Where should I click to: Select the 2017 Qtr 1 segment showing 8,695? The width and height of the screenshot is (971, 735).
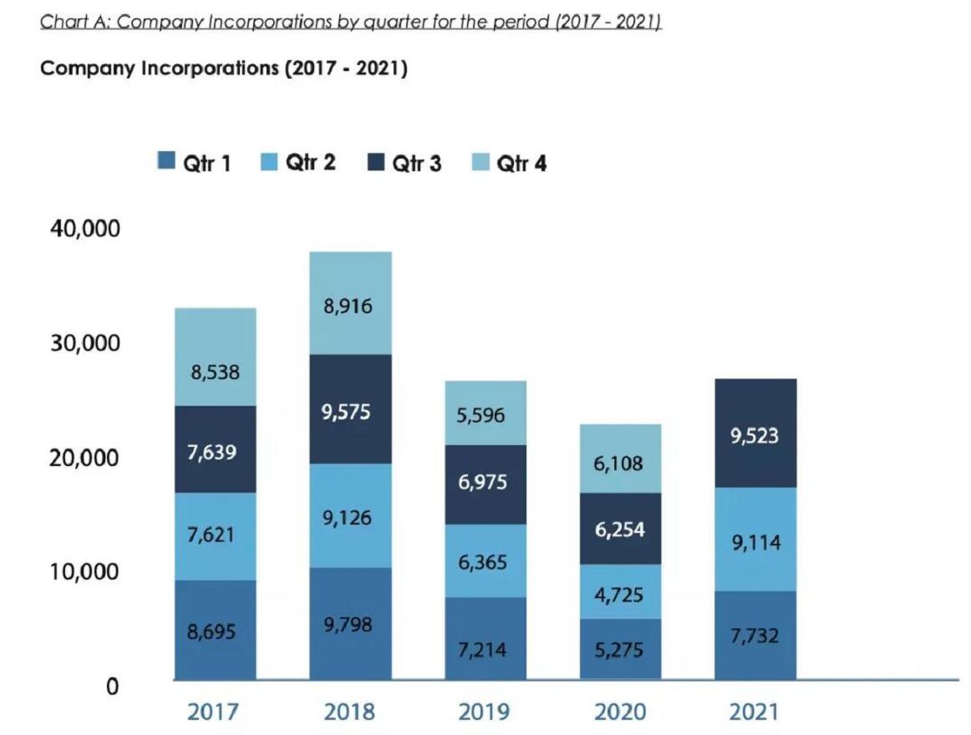(x=215, y=631)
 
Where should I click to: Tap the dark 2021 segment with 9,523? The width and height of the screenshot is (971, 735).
(x=755, y=433)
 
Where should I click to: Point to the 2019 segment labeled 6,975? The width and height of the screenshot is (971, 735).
(x=485, y=484)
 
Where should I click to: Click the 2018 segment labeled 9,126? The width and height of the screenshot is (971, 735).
(x=350, y=516)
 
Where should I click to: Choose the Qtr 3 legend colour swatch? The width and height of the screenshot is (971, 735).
(x=376, y=161)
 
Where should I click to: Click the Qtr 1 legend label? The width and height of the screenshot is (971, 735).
(x=206, y=163)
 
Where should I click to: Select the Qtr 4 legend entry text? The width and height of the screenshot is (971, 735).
(x=521, y=163)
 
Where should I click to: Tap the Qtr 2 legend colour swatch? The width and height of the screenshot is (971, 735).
(x=270, y=161)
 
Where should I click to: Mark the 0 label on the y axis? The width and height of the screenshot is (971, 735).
(x=111, y=687)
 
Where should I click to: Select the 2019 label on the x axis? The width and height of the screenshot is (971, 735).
(x=484, y=712)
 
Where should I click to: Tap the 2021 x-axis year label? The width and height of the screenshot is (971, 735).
(x=754, y=712)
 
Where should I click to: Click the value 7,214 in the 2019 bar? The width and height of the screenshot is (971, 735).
(x=485, y=649)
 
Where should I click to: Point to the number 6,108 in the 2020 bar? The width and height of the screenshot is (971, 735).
(x=619, y=464)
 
